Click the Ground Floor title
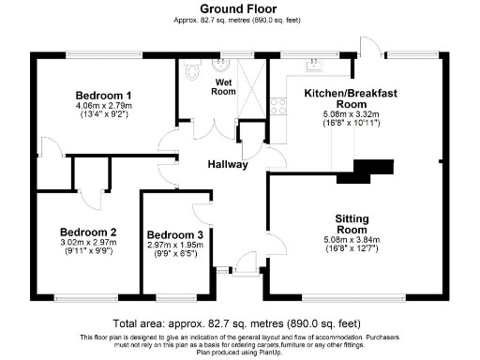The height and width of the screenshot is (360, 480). (239, 7)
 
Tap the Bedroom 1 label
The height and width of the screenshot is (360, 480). (103, 96)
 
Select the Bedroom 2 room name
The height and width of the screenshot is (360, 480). (87, 232)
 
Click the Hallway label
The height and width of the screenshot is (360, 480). (228, 164)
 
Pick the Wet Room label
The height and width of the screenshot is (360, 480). (223, 86)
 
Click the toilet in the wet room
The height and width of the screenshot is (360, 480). (192, 69)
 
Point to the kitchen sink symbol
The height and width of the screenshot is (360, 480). (315, 65)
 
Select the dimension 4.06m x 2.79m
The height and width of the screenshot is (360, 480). (103, 106)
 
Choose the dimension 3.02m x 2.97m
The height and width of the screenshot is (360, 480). (87, 243)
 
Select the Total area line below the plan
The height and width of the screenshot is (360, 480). (239, 322)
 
